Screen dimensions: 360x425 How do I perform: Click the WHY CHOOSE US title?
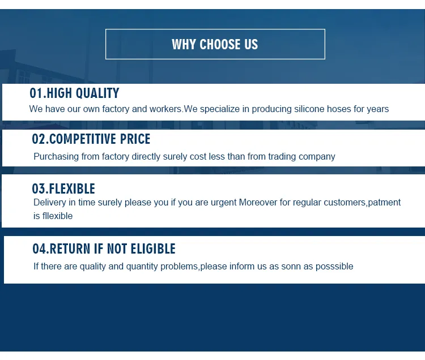click(215, 44)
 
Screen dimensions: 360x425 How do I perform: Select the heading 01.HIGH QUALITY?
click(74, 93)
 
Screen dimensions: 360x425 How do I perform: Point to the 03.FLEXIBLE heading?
click(63, 189)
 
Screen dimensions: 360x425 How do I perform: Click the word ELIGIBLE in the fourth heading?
click(149, 249)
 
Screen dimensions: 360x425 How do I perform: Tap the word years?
click(377, 109)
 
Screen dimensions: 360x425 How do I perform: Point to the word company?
click(317, 156)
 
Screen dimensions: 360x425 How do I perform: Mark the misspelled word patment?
click(384, 202)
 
